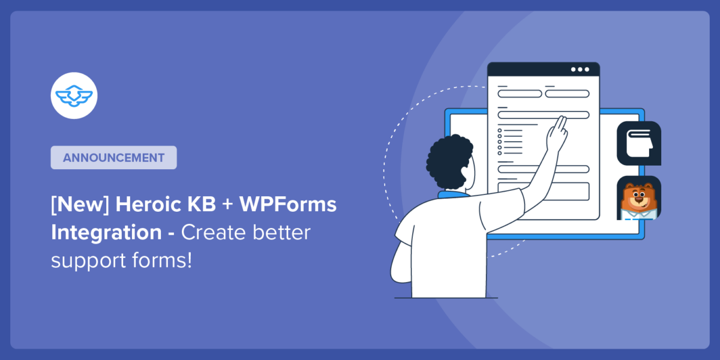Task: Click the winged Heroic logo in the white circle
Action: pyautogui.click(x=74, y=95)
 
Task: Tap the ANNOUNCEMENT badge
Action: pyautogui.click(x=113, y=158)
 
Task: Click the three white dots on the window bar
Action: pyautogui.click(x=580, y=69)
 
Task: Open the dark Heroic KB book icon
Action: pyautogui.click(x=638, y=143)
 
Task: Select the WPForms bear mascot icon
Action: pyautogui.click(x=638, y=198)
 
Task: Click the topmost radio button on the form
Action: pyautogui.click(x=500, y=130)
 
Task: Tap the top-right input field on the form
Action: pyautogui.click(x=567, y=94)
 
